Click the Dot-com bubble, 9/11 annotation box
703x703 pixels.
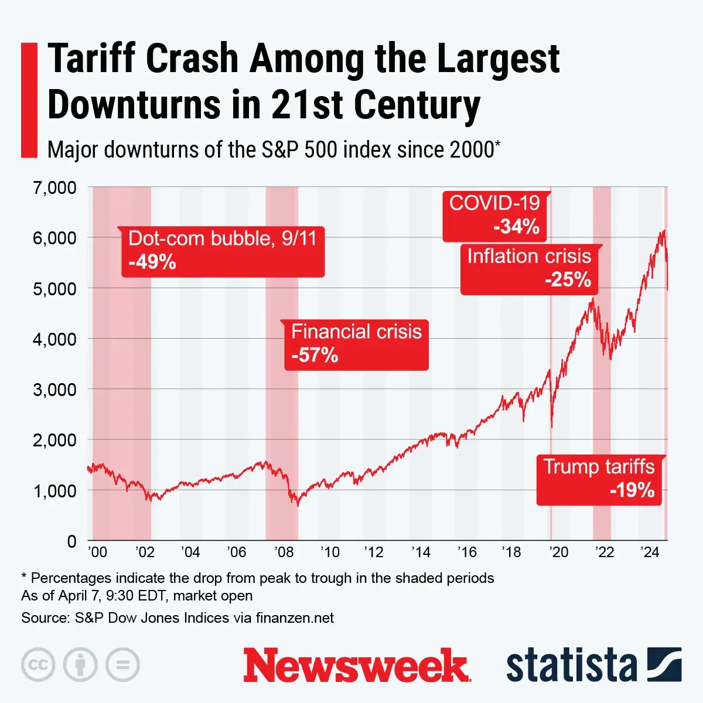coord(223,251)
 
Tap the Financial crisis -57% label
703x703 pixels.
coord(356,344)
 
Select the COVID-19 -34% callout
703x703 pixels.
coord(494,216)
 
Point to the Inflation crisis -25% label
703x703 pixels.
coord(529,269)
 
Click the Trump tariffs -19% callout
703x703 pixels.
coord(599,479)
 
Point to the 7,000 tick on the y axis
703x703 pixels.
coord(54,188)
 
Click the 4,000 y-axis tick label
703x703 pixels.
coord(54,339)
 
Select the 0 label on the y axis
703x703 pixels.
coord(71,541)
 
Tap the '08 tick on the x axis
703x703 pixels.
coord(284,552)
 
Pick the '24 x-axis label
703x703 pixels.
coord(650,552)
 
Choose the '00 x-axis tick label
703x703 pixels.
coord(97,552)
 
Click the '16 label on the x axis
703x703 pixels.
coord(466,552)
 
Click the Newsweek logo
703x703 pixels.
coord(357,666)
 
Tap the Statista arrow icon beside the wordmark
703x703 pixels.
coord(664,665)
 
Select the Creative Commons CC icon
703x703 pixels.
coord(38,665)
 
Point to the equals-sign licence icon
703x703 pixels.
coord(122,665)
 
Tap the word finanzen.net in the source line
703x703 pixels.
coord(295,618)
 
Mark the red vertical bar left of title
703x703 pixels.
coord(29,100)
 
